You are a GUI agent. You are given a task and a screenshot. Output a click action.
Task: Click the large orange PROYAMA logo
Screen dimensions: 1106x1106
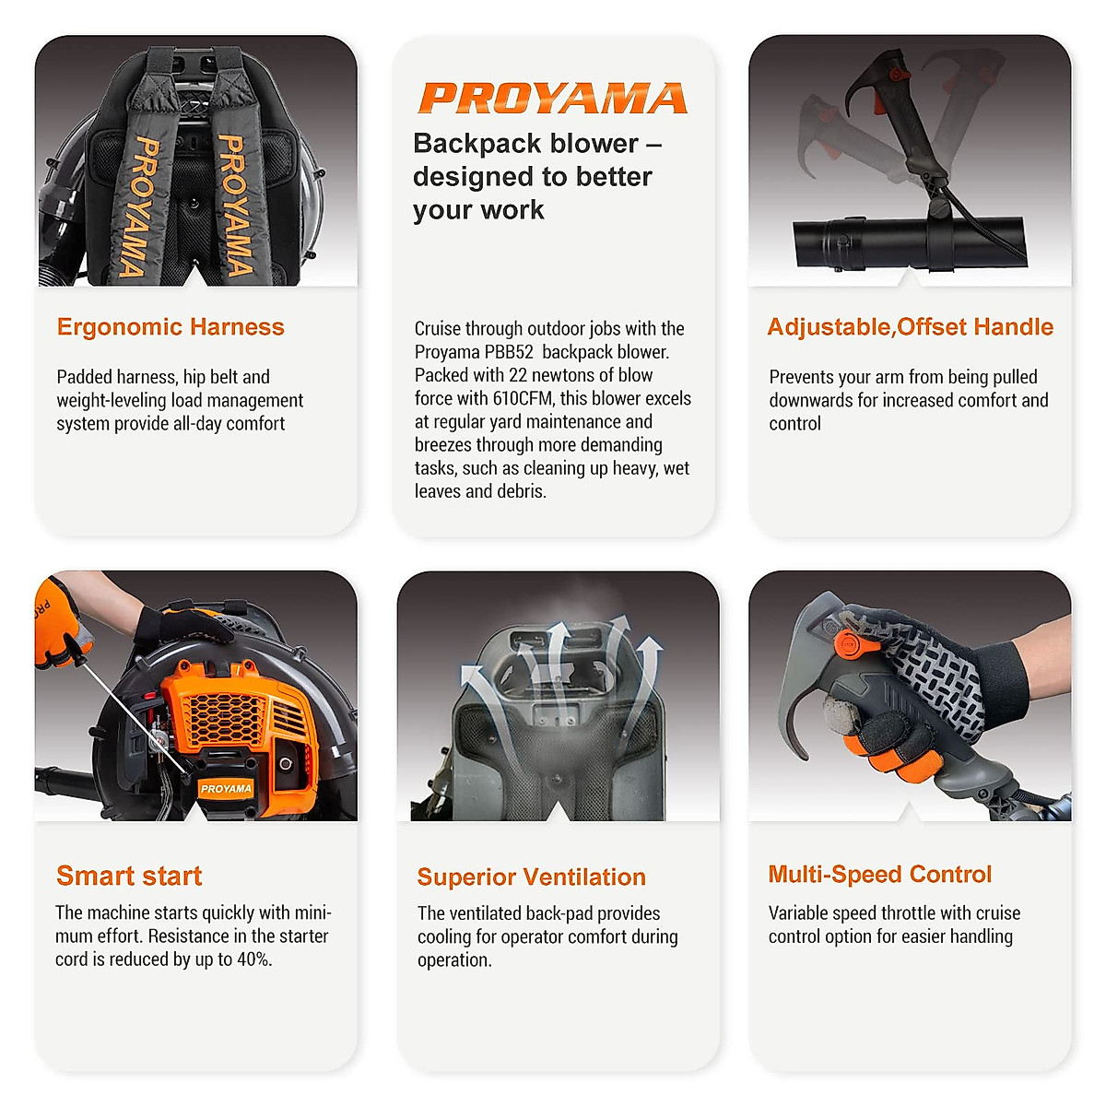(x=553, y=99)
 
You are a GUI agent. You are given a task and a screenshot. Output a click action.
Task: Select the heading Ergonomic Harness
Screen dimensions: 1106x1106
(x=171, y=327)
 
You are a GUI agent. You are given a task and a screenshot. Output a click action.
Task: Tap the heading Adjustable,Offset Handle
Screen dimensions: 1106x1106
(x=910, y=327)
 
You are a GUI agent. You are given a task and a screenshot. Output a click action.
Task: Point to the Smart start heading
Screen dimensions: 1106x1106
(x=129, y=876)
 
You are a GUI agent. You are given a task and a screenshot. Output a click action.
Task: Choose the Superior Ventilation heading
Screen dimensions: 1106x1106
(x=531, y=877)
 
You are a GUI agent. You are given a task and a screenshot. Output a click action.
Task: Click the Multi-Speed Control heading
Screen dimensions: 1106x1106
(x=880, y=874)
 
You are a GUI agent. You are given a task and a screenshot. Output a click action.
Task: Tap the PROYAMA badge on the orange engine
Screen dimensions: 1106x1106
(x=226, y=789)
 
